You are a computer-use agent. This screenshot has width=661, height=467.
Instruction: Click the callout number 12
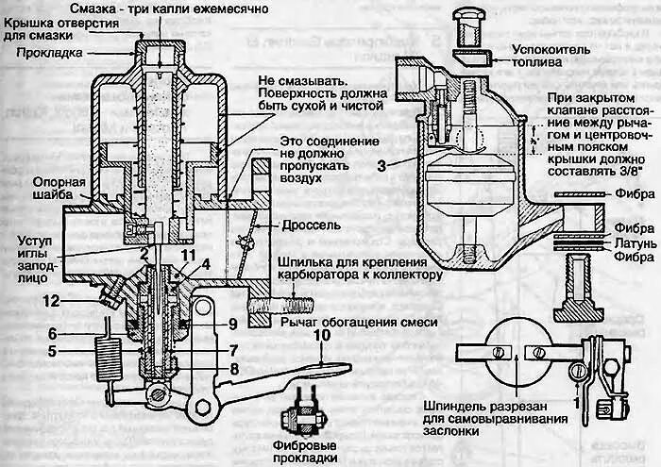point(49,301)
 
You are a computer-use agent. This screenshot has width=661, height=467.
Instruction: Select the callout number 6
point(53,334)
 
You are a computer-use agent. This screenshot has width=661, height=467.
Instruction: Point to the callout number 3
point(381,164)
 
